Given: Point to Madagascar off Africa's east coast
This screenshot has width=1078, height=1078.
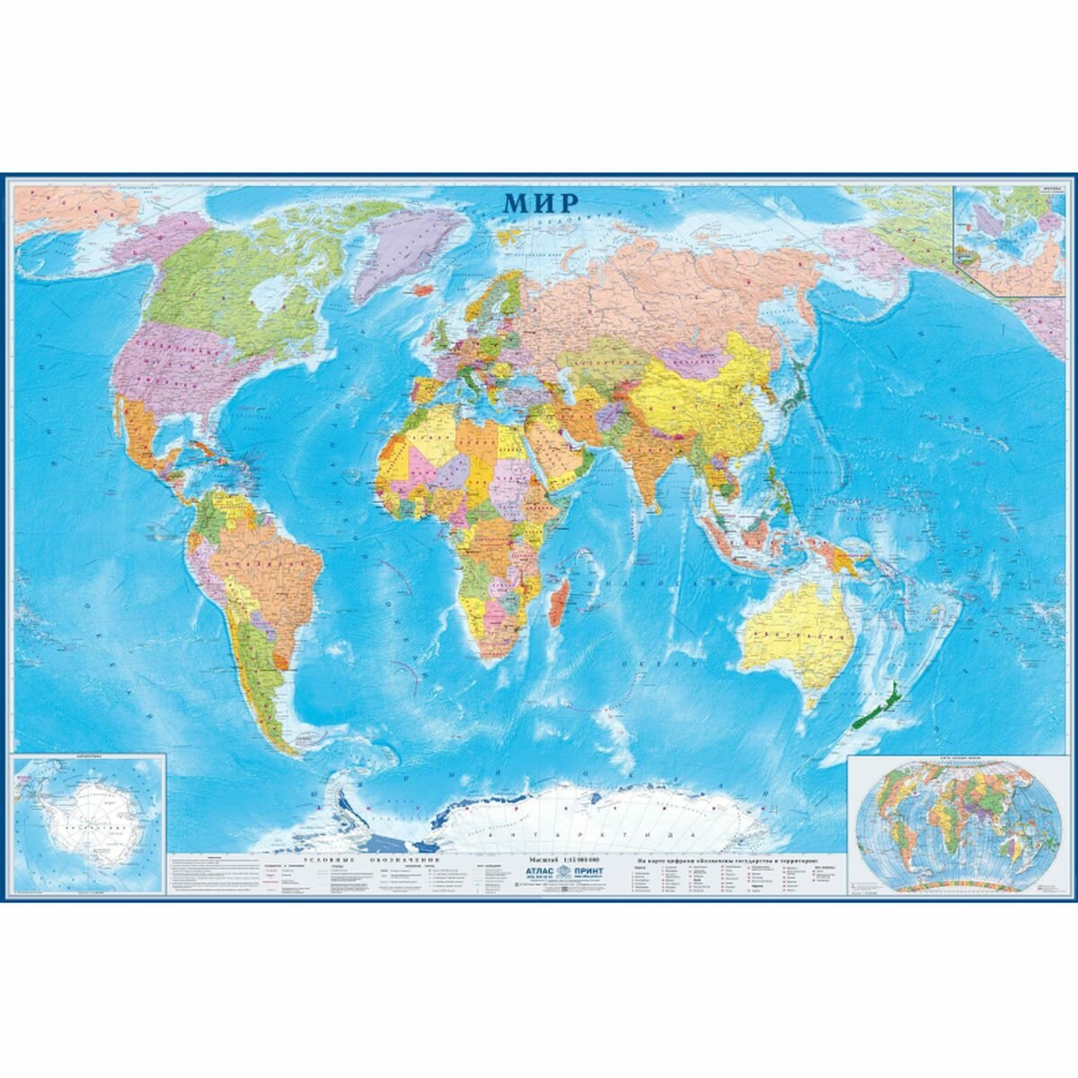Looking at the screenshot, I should point(559,601).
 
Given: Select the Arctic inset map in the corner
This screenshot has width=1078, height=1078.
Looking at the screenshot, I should point(1011,238).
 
